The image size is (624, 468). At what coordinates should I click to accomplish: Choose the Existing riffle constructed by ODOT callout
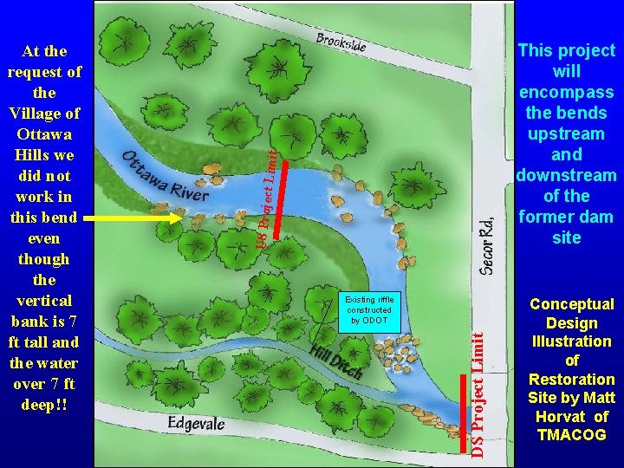point(369,309)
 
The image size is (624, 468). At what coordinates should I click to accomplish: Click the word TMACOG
point(571,435)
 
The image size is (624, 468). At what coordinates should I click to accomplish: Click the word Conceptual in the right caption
point(571,304)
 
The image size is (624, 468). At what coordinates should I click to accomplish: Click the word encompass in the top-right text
point(568,93)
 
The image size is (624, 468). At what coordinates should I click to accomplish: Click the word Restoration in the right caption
point(571,380)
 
